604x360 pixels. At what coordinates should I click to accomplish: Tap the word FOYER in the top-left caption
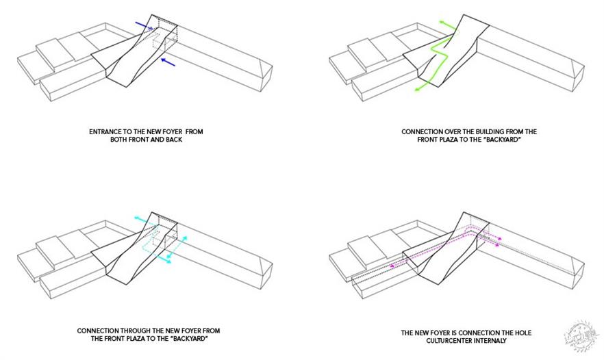coord(159,130)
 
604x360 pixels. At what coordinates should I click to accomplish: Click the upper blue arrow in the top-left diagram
coord(144,26)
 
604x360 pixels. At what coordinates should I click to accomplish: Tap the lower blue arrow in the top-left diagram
coord(168,63)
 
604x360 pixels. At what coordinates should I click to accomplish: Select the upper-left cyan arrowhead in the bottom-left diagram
coord(137,219)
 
